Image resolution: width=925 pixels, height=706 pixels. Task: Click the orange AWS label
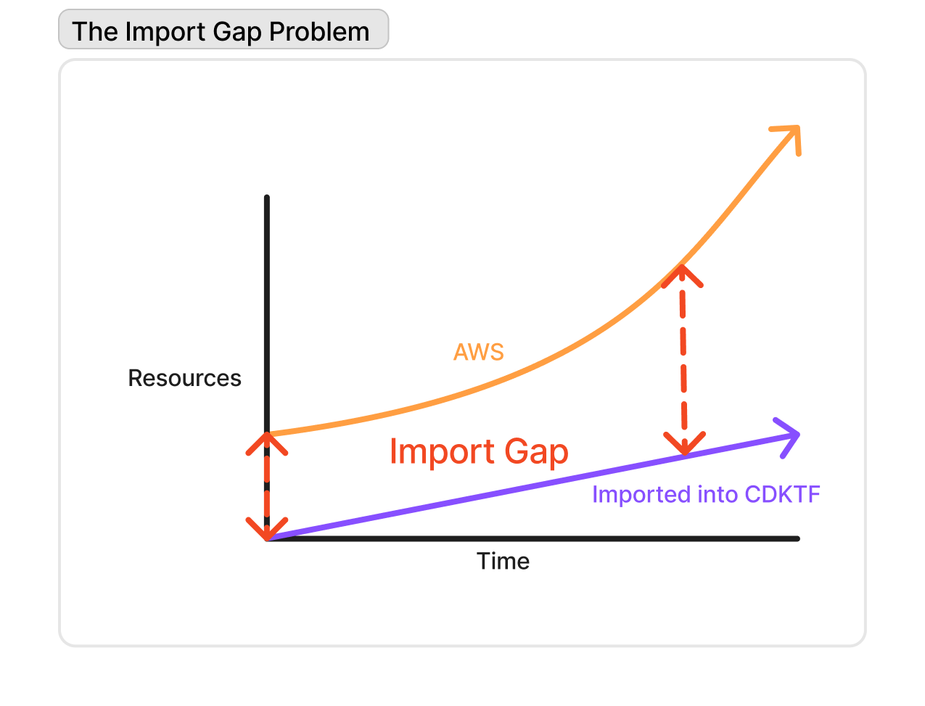tap(478, 352)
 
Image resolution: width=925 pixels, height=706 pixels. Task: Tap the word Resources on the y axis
tap(184, 378)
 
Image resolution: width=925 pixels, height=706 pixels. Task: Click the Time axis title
tap(503, 561)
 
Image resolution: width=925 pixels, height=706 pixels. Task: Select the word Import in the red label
tap(442, 451)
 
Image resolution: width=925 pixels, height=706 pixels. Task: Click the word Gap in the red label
tap(536, 453)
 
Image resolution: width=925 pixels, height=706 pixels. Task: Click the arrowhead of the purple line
tap(793, 435)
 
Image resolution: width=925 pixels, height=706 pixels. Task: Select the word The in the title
tap(95, 32)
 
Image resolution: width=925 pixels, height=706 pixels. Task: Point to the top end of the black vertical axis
tap(267, 198)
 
